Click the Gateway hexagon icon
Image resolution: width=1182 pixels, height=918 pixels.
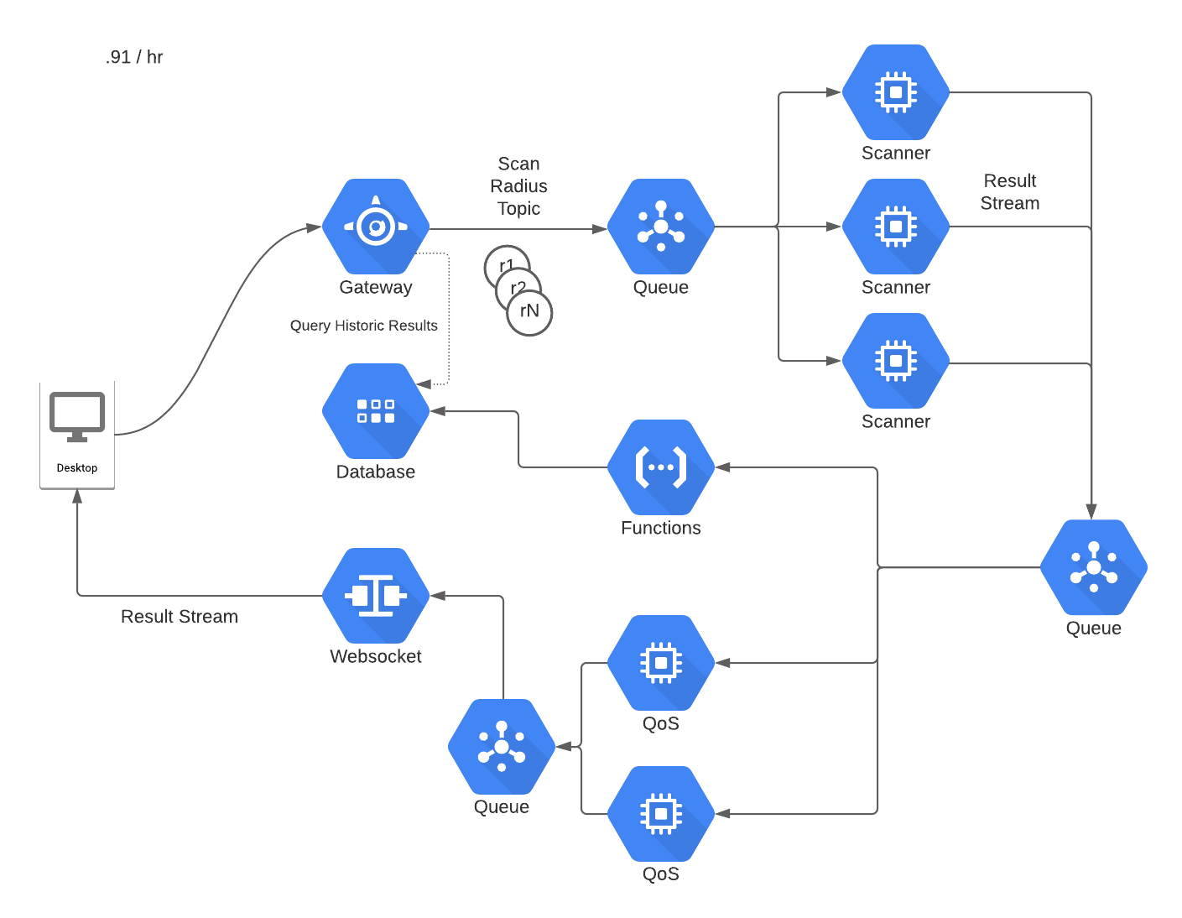(x=376, y=227)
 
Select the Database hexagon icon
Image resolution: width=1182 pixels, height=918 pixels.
(x=376, y=411)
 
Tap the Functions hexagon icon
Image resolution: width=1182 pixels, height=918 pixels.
(x=661, y=467)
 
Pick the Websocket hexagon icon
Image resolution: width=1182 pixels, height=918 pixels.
(x=376, y=596)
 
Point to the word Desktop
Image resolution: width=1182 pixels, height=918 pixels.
(x=77, y=468)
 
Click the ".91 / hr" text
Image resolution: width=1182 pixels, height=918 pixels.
(x=134, y=57)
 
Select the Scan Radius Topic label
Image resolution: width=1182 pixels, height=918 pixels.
(x=518, y=186)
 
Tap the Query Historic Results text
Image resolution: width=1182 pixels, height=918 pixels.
(x=363, y=326)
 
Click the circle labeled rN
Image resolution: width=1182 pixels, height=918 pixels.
(x=530, y=313)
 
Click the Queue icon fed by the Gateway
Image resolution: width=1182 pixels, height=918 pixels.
(x=661, y=227)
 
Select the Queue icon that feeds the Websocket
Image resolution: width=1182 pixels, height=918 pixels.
(x=502, y=747)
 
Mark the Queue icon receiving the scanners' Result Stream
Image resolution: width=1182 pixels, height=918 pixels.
(x=1094, y=568)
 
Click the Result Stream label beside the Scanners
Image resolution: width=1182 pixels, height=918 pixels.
(x=1010, y=192)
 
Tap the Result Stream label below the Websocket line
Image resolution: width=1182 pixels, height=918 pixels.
(x=179, y=617)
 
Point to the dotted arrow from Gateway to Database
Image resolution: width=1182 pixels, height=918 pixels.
(x=450, y=319)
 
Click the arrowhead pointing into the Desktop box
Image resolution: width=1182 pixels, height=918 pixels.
(x=77, y=497)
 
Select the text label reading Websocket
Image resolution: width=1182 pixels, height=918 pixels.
(x=376, y=657)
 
